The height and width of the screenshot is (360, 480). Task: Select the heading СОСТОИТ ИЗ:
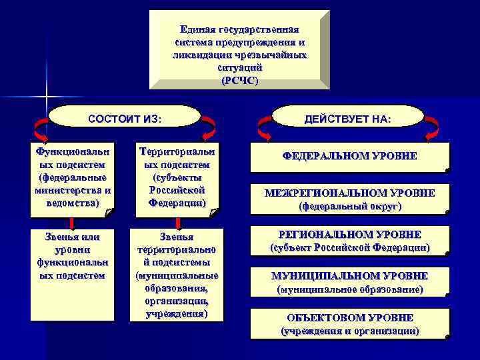coord(125,119)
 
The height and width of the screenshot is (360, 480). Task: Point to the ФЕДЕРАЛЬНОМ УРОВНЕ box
coord(350,157)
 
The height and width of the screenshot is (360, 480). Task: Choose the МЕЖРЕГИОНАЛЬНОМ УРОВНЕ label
coord(350,193)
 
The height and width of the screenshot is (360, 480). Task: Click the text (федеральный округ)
coord(350,207)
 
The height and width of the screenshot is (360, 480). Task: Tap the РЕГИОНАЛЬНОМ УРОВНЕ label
coord(350,235)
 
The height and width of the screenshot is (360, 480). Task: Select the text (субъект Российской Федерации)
coord(350,248)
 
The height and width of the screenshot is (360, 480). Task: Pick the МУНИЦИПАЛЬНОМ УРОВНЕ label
coord(350,276)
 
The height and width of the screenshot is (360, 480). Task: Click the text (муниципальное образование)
coord(350,290)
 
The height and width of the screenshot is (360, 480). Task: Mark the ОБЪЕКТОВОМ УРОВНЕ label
coord(350,317)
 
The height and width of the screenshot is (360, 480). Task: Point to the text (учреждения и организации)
coord(350,331)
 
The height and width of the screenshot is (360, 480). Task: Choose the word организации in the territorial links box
coord(177,301)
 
